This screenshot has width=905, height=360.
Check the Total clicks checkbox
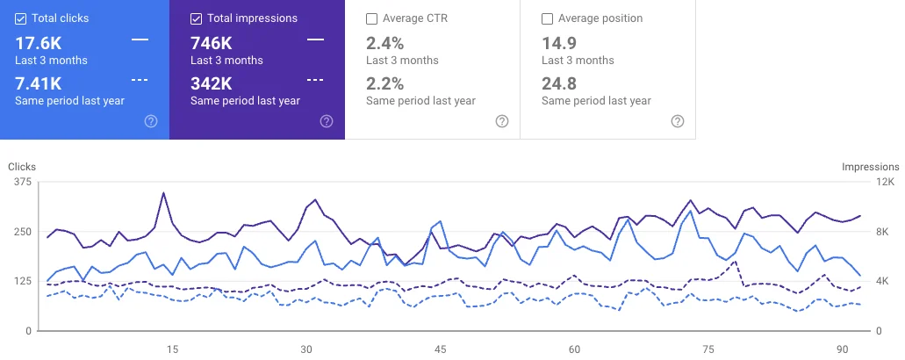tap(21, 18)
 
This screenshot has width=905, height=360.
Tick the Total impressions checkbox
tap(197, 18)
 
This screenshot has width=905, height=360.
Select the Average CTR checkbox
tap(372, 18)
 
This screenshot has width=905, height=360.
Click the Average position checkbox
tap(548, 18)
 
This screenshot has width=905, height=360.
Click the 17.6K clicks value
tap(39, 42)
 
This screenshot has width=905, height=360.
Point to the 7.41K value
tap(39, 83)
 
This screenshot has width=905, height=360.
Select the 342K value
tap(212, 83)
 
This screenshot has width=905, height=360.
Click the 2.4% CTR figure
tap(385, 42)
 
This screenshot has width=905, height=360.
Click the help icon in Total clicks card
tap(151, 121)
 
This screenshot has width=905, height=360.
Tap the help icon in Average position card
tap(678, 121)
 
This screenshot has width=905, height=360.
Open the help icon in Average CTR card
tap(502, 121)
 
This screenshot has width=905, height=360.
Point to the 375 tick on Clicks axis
tap(23, 183)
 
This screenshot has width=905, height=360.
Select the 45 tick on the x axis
tap(441, 349)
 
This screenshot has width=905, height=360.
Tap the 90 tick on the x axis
tap(843, 349)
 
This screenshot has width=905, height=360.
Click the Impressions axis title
tap(870, 167)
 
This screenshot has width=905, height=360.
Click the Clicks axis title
tap(22, 167)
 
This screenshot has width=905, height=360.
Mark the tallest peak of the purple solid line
tap(163, 193)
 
